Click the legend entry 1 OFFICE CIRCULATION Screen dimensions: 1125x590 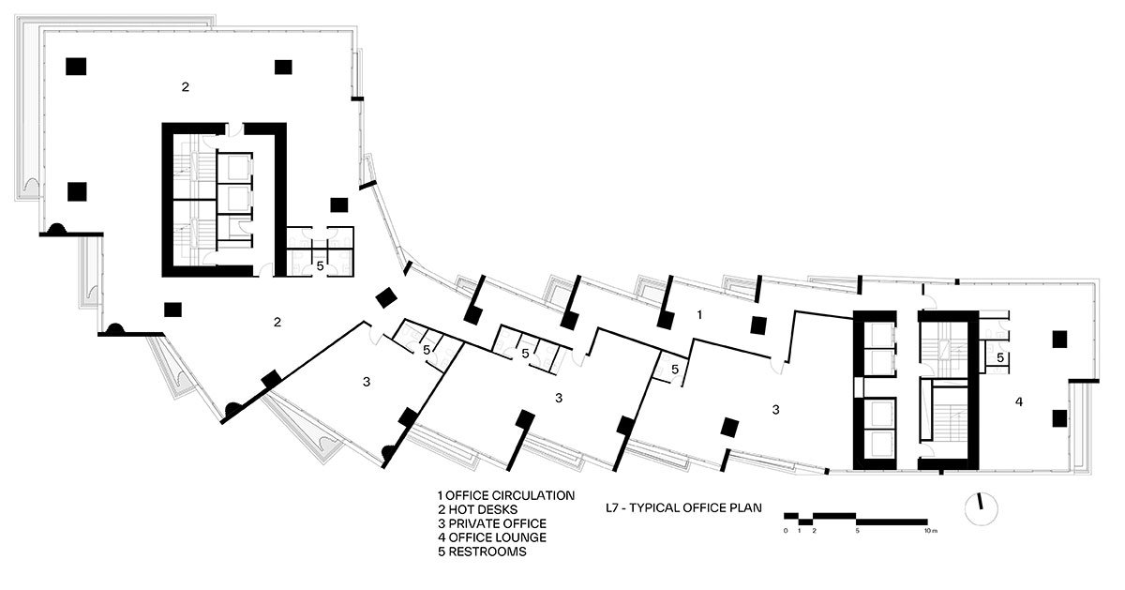(506, 496)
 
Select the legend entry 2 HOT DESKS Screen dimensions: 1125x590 (477, 510)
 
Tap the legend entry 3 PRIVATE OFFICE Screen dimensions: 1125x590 (492, 523)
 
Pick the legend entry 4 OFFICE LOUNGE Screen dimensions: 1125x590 (492, 537)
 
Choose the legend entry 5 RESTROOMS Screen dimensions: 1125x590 (482, 552)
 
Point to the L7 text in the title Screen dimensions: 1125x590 (611, 508)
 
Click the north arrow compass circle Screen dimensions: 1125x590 (982, 509)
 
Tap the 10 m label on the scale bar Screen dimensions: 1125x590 (930, 531)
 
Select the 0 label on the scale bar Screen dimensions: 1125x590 (786, 531)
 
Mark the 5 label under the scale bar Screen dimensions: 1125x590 (857, 531)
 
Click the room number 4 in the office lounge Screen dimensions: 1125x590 (1018, 402)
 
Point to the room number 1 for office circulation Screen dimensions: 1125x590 (699, 315)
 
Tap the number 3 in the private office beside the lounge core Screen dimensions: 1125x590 (775, 410)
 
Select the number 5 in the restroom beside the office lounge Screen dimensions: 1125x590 (1000, 357)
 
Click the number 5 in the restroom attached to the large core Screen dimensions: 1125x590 (321, 265)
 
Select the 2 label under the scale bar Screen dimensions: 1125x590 (814, 531)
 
